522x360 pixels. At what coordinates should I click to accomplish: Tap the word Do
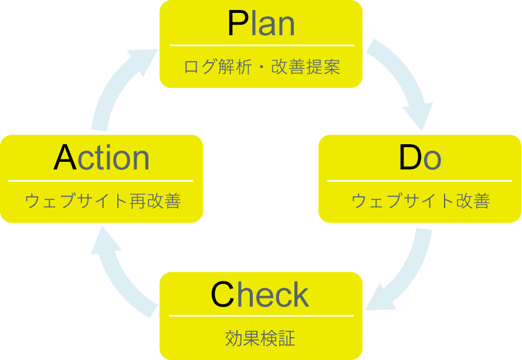(419, 158)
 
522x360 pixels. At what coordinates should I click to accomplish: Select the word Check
(260, 295)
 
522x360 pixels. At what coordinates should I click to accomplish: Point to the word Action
(101, 158)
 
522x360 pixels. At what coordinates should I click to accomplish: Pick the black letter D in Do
(409, 158)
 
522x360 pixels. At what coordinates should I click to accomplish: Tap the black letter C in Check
(222, 295)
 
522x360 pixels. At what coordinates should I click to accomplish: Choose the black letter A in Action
(65, 158)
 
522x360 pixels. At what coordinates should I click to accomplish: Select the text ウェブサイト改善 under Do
(421, 201)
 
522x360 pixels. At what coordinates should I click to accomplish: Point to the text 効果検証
(260, 338)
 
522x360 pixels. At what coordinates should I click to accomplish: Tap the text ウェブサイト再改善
(103, 201)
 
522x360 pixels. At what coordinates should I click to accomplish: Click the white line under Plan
(262, 45)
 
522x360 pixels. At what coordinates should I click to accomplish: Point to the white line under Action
(101, 181)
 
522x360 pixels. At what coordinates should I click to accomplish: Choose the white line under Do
(419, 181)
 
